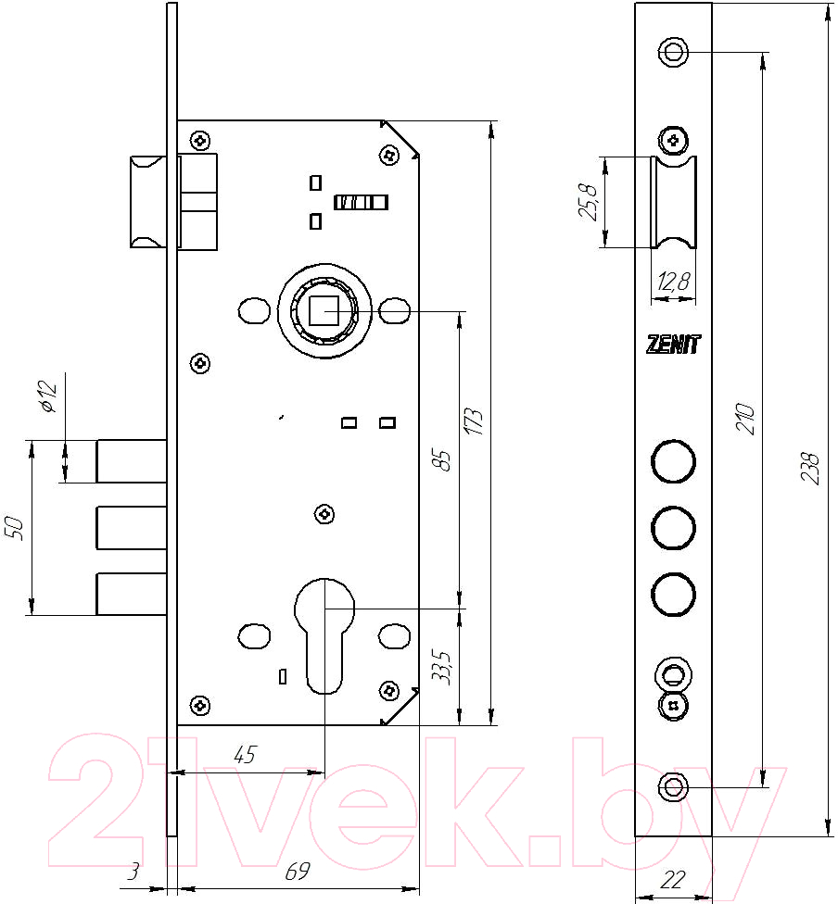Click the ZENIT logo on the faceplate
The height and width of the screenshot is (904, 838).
point(673,345)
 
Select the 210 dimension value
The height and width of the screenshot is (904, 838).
point(745,419)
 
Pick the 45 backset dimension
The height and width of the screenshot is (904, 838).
point(244,754)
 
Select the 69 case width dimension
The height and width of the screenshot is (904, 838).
point(298,872)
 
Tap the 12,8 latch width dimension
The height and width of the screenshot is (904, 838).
point(673,282)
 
